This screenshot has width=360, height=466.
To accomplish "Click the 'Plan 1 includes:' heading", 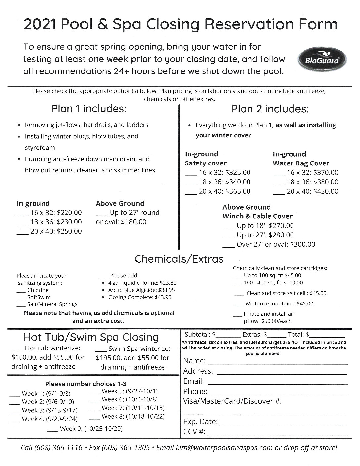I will [89, 108].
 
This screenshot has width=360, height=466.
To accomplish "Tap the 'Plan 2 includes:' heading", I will [270, 108].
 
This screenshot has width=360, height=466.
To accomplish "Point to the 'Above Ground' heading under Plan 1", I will [120, 203].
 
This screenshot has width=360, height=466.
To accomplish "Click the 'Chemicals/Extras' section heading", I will [179, 259].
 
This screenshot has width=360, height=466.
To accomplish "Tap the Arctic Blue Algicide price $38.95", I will [167, 290].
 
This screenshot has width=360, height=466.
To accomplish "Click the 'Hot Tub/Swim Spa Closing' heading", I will [91, 337].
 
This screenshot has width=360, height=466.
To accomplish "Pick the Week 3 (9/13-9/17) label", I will [50, 410].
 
